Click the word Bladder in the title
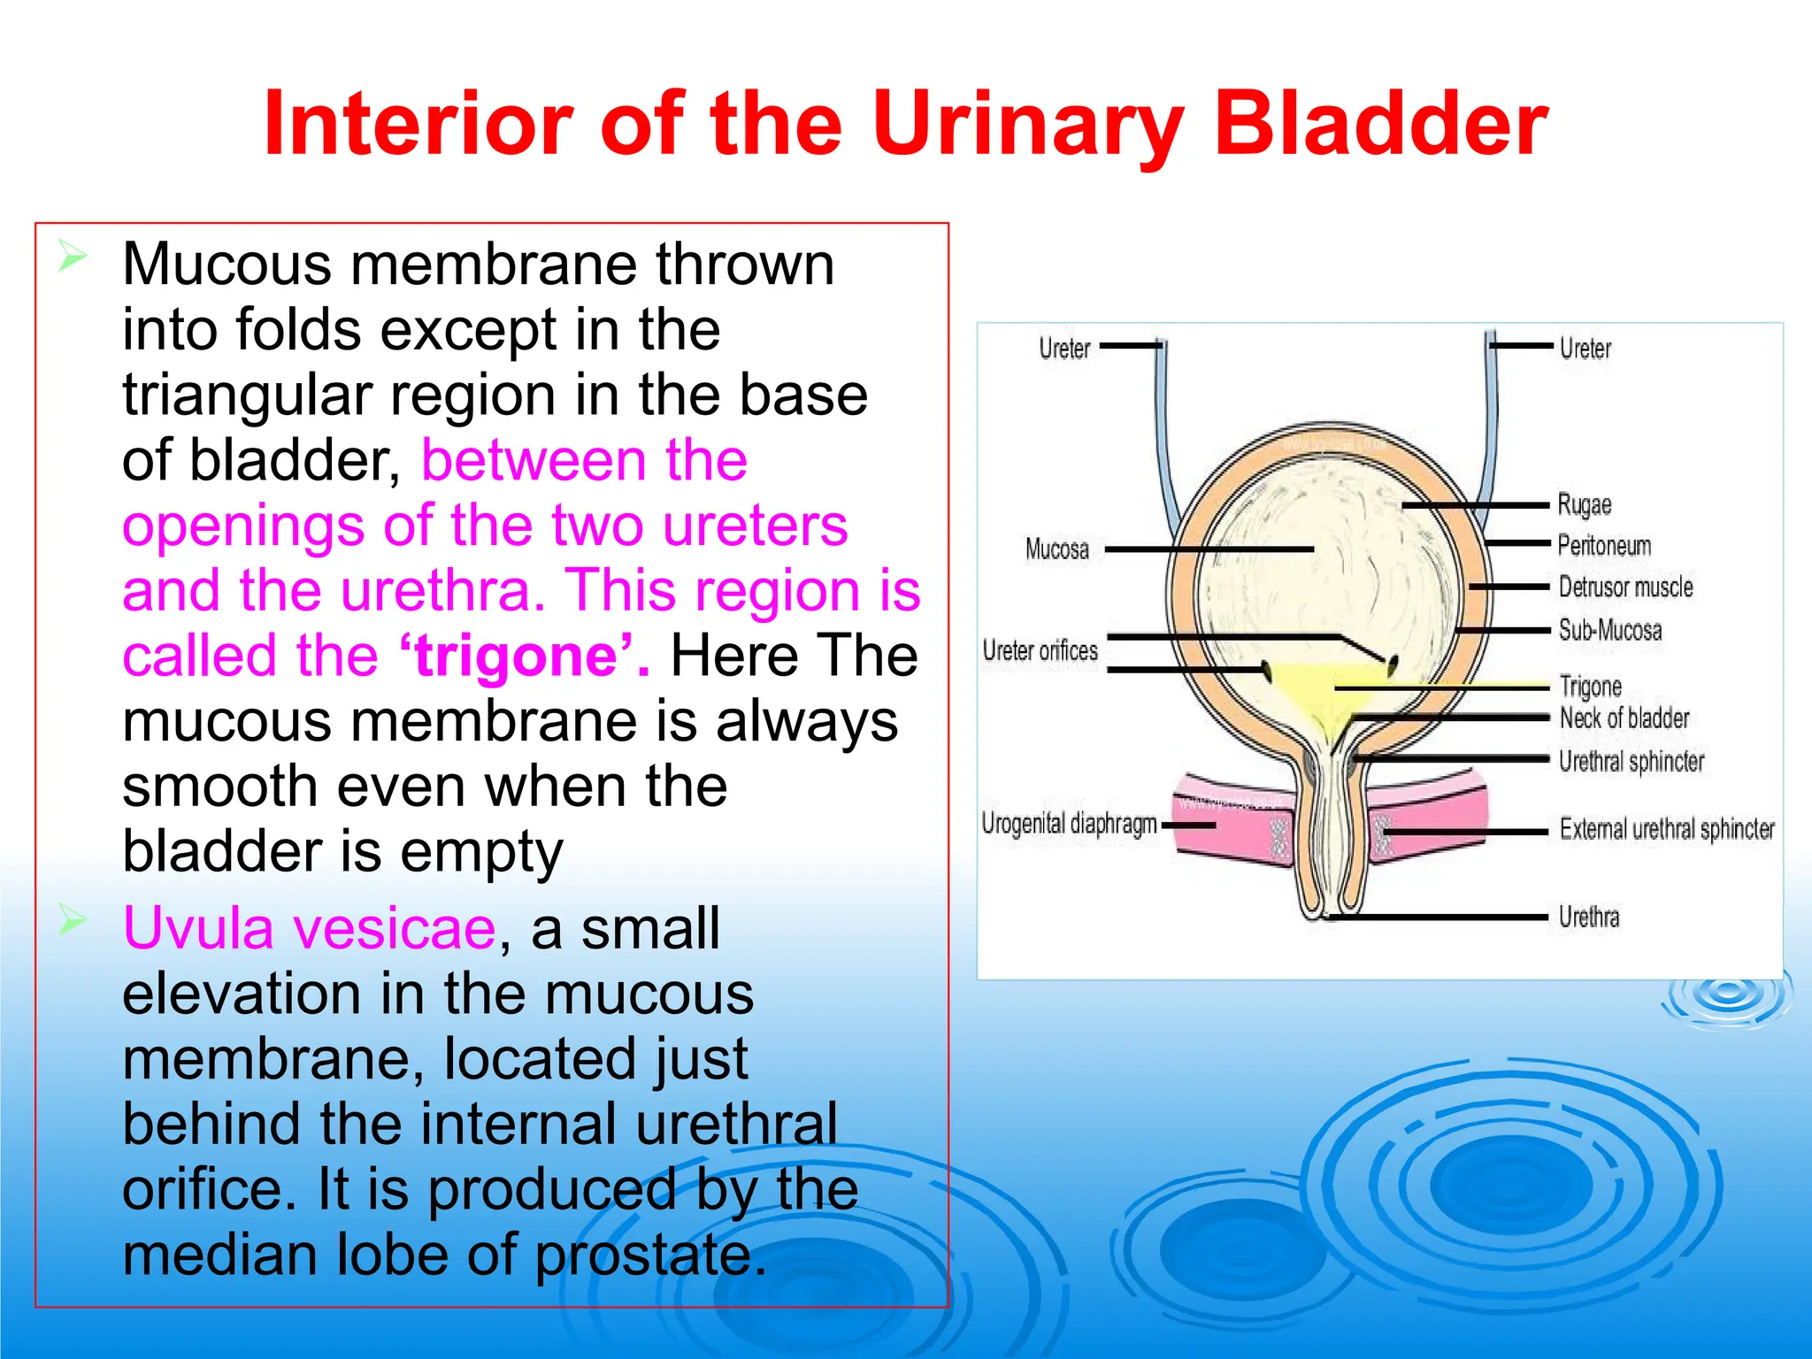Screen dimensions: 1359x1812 [x=1380, y=124]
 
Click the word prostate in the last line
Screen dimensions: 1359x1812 [x=650, y=1255]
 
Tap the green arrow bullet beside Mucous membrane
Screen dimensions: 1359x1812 [x=73, y=257]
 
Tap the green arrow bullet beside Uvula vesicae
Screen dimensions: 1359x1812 [x=73, y=921]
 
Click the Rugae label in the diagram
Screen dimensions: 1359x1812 [x=1584, y=505]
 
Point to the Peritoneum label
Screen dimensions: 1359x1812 [x=1604, y=546]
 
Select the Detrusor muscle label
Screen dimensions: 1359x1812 [x=1625, y=587]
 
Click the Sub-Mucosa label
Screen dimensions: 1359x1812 [x=1610, y=630]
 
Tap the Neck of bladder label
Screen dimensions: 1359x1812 [x=1624, y=718]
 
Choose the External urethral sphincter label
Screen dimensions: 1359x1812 [x=1667, y=829]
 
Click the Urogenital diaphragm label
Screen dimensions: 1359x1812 [x=1069, y=824]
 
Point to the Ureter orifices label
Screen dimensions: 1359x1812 [x=1040, y=651]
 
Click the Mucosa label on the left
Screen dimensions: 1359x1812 [x=1056, y=549]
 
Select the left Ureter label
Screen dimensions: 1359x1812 [x=1064, y=349]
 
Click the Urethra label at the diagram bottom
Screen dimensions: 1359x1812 [x=1589, y=918]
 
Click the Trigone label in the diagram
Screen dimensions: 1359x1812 [x=1590, y=687]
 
